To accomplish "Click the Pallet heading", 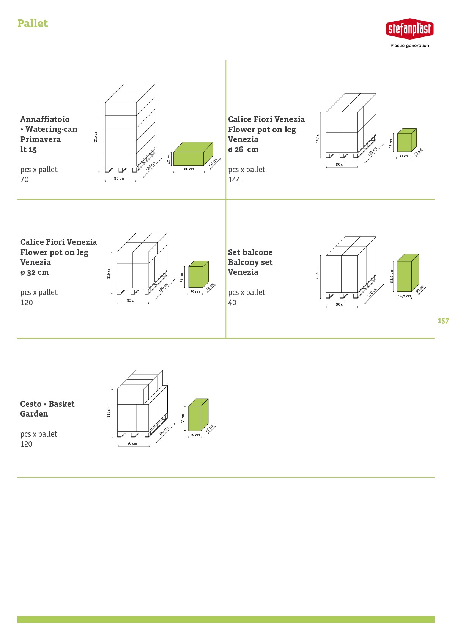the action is point(33,24).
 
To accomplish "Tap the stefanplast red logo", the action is point(410,29).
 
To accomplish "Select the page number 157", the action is point(443,321).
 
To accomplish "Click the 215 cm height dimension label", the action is point(96,136).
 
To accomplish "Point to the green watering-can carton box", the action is point(193,154).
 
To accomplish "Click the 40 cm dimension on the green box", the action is point(169,159).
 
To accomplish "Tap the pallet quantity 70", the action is point(25,179).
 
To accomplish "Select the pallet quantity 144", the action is point(234,180).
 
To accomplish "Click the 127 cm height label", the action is point(317,137).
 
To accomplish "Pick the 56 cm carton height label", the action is point(391,144).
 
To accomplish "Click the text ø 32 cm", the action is point(35,272).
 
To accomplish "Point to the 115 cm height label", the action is point(109,273).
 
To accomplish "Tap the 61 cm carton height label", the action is point(182,277).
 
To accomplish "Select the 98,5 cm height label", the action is point(317,273).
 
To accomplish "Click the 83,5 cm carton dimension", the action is point(392,277).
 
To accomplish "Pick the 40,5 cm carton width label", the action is point(404,296).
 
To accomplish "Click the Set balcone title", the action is point(250,252).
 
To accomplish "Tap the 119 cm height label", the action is point(109,412).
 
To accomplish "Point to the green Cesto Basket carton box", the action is point(198,415).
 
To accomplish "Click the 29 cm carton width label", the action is point(195,435).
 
